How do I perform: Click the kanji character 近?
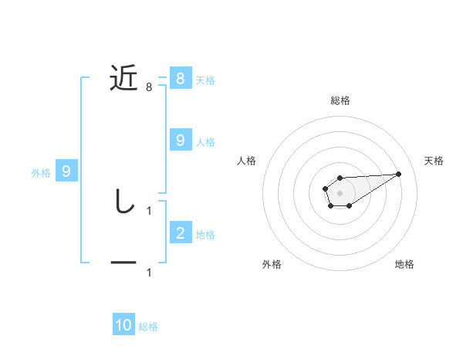(123, 79)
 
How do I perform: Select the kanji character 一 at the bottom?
(123, 263)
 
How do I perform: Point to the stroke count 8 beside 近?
(149, 87)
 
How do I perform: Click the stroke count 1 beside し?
(149, 209)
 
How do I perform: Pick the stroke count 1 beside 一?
(149, 272)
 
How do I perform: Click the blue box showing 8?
(180, 78)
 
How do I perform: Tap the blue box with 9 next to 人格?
(180, 140)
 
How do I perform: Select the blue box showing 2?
(180, 232)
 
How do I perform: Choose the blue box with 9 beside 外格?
(66, 171)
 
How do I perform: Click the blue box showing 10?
(123, 325)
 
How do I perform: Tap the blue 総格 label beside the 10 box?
(148, 327)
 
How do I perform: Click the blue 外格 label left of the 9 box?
(41, 173)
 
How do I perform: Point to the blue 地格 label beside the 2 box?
(205, 234)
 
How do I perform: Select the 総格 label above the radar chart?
(340, 100)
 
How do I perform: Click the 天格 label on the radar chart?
(434, 161)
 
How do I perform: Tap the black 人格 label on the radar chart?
(246, 161)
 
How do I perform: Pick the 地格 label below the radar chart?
(404, 264)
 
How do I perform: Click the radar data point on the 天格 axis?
(399, 174)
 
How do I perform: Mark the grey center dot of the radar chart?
(340, 192)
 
